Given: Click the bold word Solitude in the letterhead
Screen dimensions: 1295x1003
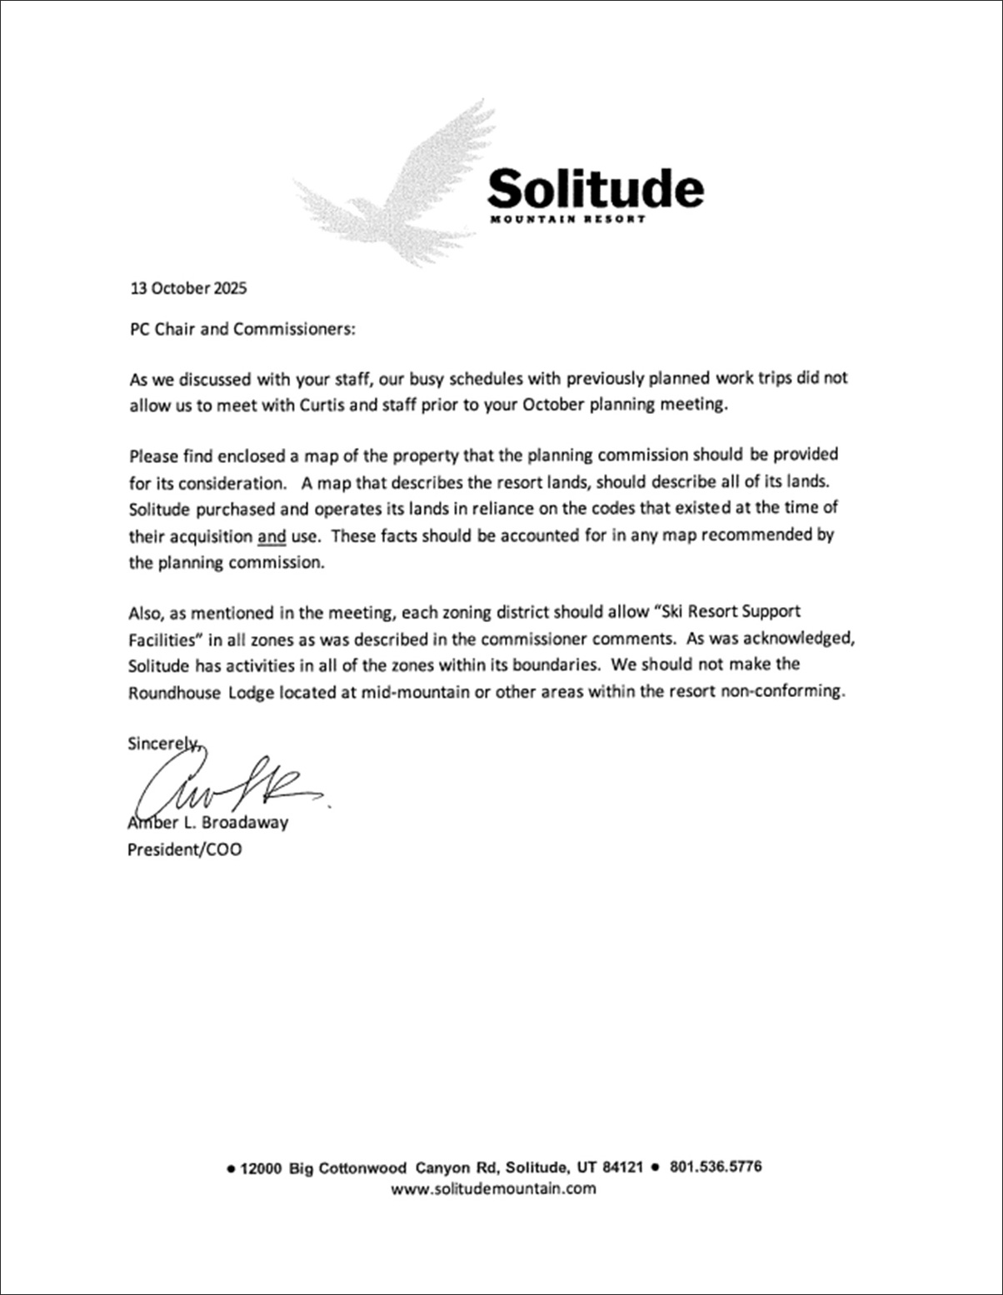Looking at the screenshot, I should (x=595, y=188).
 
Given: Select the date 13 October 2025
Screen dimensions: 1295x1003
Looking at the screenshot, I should (x=189, y=289).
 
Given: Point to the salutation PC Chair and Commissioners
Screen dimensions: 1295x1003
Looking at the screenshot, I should (x=242, y=329).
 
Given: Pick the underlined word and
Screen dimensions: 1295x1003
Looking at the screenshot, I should (x=272, y=536).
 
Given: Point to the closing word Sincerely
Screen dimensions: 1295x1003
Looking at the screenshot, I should (x=163, y=744).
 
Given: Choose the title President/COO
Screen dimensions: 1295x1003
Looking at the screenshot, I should (x=185, y=850).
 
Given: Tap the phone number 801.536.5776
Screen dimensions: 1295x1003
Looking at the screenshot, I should (x=715, y=1168).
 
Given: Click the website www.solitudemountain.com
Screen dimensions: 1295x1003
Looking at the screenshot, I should (x=493, y=1188).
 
